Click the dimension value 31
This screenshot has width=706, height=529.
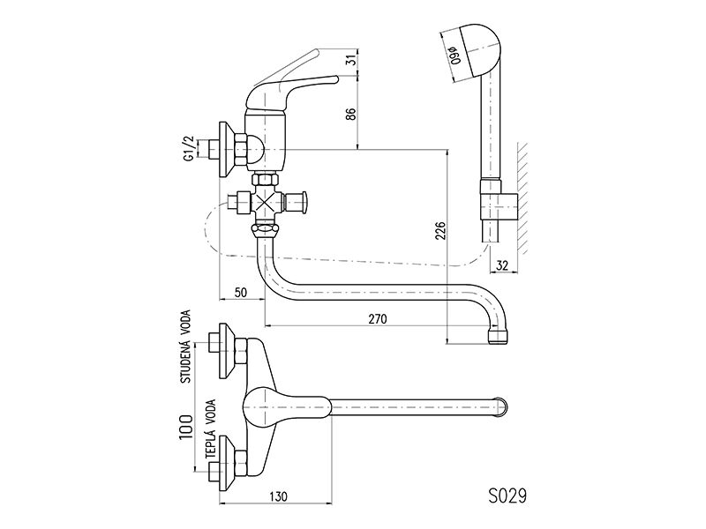354,59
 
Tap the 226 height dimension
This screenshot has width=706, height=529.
441,231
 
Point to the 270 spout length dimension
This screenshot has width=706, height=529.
378,319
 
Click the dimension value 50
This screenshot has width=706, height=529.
241,293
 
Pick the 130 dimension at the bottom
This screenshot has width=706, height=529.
278,496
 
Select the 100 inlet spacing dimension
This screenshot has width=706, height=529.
186,427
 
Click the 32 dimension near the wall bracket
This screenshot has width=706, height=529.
501,266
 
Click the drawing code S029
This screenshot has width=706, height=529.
507,496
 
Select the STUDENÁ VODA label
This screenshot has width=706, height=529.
185,346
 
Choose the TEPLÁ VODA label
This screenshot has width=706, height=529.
211,429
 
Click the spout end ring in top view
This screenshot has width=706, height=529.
503,408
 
